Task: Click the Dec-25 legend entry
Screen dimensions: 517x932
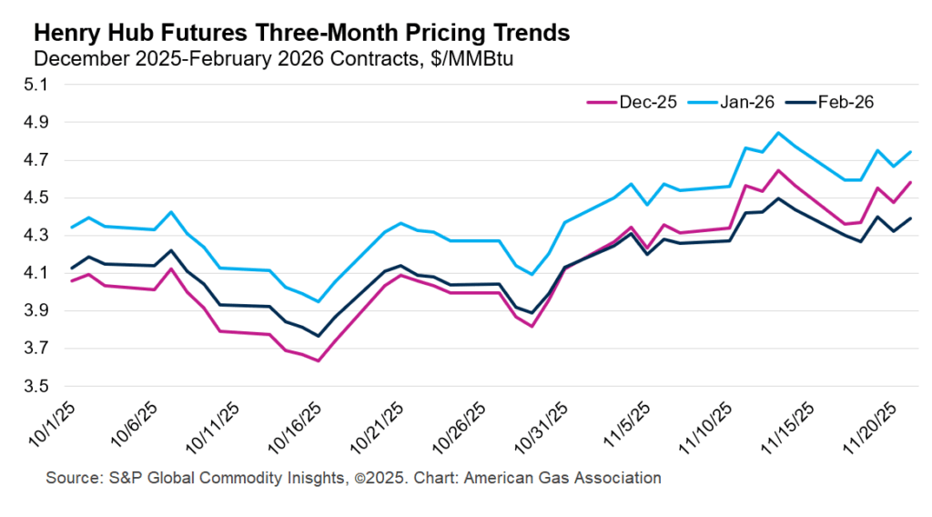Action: click(x=648, y=102)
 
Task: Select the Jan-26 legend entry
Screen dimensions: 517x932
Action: click(x=746, y=102)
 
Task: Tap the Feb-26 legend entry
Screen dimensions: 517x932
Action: click(x=846, y=102)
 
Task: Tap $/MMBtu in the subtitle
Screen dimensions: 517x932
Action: click(x=478, y=58)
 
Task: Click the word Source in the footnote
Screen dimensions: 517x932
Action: click(x=69, y=478)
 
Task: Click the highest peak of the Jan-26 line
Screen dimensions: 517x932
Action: click(x=778, y=133)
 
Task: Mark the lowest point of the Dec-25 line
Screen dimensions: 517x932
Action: click(x=319, y=360)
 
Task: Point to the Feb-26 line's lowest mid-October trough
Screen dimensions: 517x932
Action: click(x=319, y=336)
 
